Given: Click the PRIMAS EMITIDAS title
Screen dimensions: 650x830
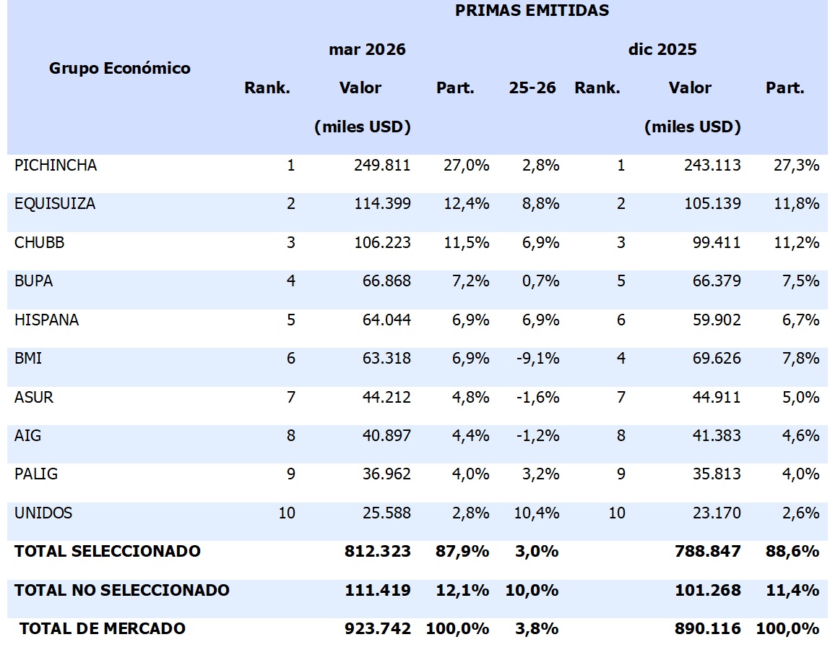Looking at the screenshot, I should [x=532, y=11].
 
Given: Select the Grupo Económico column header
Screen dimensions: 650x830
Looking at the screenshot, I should [x=120, y=68].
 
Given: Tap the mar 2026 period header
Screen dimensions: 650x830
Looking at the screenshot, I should [x=367, y=50].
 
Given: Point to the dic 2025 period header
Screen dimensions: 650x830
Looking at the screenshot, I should [x=662, y=50].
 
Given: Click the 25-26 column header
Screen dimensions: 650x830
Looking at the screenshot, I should [x=532, y=88].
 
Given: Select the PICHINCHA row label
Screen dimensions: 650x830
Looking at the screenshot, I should [x=56, y=166].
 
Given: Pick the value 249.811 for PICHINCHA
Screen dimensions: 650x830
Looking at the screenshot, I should [x=382, y=166].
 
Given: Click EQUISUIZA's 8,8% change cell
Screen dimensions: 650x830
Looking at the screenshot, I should [x=540, y=204].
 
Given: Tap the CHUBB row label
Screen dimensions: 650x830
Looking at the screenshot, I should [x=39, y=243].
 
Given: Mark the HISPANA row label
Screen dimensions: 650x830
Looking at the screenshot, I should [x=46, y=320].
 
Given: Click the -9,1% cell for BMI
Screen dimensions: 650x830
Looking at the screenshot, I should [x=538, y=359].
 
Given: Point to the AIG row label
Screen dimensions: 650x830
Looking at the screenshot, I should [x=27, y=435].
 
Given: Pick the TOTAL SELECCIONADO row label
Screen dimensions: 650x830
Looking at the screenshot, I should [x=107, y=551].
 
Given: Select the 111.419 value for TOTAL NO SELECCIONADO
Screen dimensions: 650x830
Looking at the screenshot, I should [x=378, y=590].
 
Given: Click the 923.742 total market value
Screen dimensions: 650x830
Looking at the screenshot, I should [x=378, y=628].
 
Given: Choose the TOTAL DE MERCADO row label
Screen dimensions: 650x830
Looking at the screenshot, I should [x=102, y=628].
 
